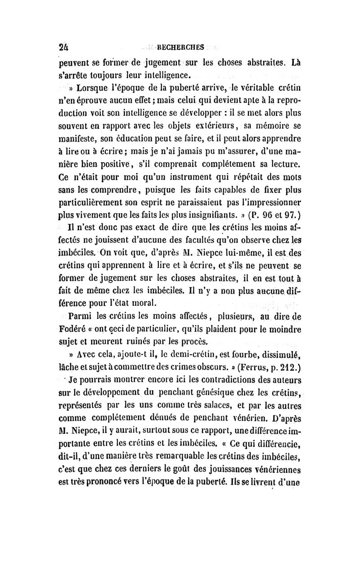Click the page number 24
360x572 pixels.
tap(66, 46)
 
